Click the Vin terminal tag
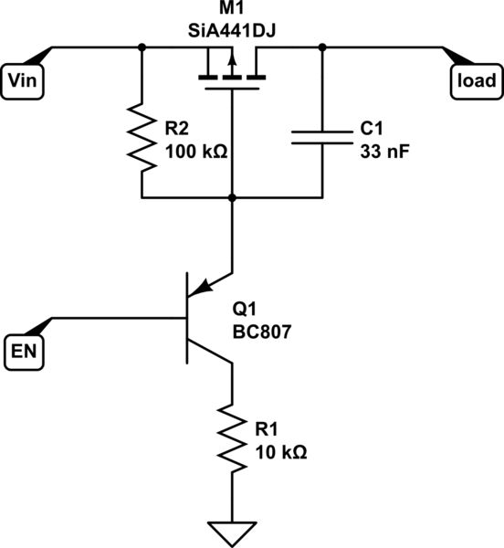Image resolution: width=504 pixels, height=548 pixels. [22, 80]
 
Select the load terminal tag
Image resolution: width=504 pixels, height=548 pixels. [476, 80]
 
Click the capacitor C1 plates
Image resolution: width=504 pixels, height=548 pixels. [321, 136]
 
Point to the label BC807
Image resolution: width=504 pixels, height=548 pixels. [261, 333]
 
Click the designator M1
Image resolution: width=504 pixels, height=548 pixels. [232, 11]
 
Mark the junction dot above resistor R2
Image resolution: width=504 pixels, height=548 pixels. [142, 47]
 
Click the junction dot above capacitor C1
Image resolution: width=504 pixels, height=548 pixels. [321, 47]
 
